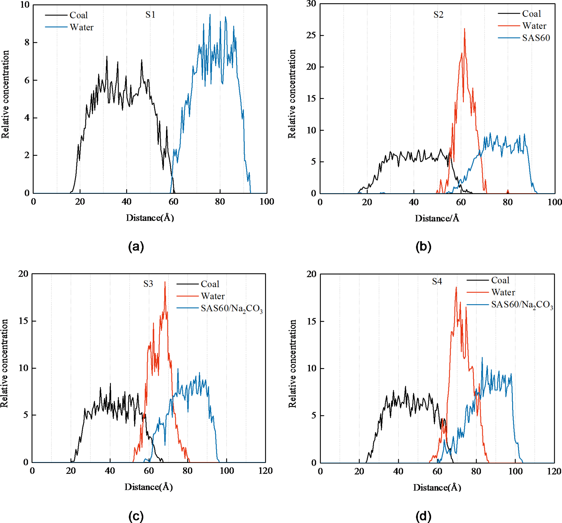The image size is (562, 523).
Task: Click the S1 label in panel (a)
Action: point(150,15)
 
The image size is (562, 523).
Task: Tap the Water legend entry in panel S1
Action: point(81,27)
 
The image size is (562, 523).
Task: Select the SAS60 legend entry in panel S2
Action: point(536,38)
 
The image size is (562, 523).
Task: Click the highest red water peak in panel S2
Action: point(465,29)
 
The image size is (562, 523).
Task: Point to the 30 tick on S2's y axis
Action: point(311,4)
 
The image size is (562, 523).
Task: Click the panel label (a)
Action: point(136,247)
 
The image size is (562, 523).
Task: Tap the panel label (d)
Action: point(423,516)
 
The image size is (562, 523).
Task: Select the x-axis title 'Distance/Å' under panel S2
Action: point(437,218)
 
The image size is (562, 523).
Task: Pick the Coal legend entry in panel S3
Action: point(210,284)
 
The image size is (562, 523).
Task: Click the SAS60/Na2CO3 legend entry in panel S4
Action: point(522,305)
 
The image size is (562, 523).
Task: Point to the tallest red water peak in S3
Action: point(165,282)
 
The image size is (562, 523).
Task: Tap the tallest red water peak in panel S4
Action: point(456,287)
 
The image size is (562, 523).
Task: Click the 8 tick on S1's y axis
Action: point(27,43)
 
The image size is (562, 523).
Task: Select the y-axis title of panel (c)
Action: point(4,363)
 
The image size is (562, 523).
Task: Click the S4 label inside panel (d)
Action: point(437,281)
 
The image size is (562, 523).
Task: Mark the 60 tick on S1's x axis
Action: point(173,202)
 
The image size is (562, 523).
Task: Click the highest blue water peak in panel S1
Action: point(210,15)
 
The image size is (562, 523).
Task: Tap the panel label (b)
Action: point(423,247)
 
